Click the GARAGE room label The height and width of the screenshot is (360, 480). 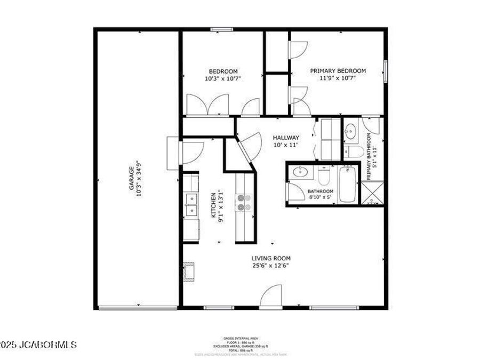[x=130, y=179]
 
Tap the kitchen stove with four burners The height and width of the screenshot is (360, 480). [x=244, y=202]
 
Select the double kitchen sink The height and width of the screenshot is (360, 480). [x=190, y=205]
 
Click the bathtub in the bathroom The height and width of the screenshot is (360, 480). [x=347, y=184]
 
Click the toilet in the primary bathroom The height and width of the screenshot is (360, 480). [x=353, y=151]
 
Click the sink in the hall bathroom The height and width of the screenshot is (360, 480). [x=301, y=172]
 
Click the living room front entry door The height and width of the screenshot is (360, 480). [x=273, y=297]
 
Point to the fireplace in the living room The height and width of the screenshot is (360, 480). [x=188, y=271]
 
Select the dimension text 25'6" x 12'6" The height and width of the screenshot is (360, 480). [x=271, y=266]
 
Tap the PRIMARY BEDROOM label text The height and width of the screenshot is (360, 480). [x=338, y=71]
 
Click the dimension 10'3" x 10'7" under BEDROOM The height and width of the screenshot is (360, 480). [x=223, y=78]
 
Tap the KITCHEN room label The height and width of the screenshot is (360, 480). [x=213, y=204]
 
